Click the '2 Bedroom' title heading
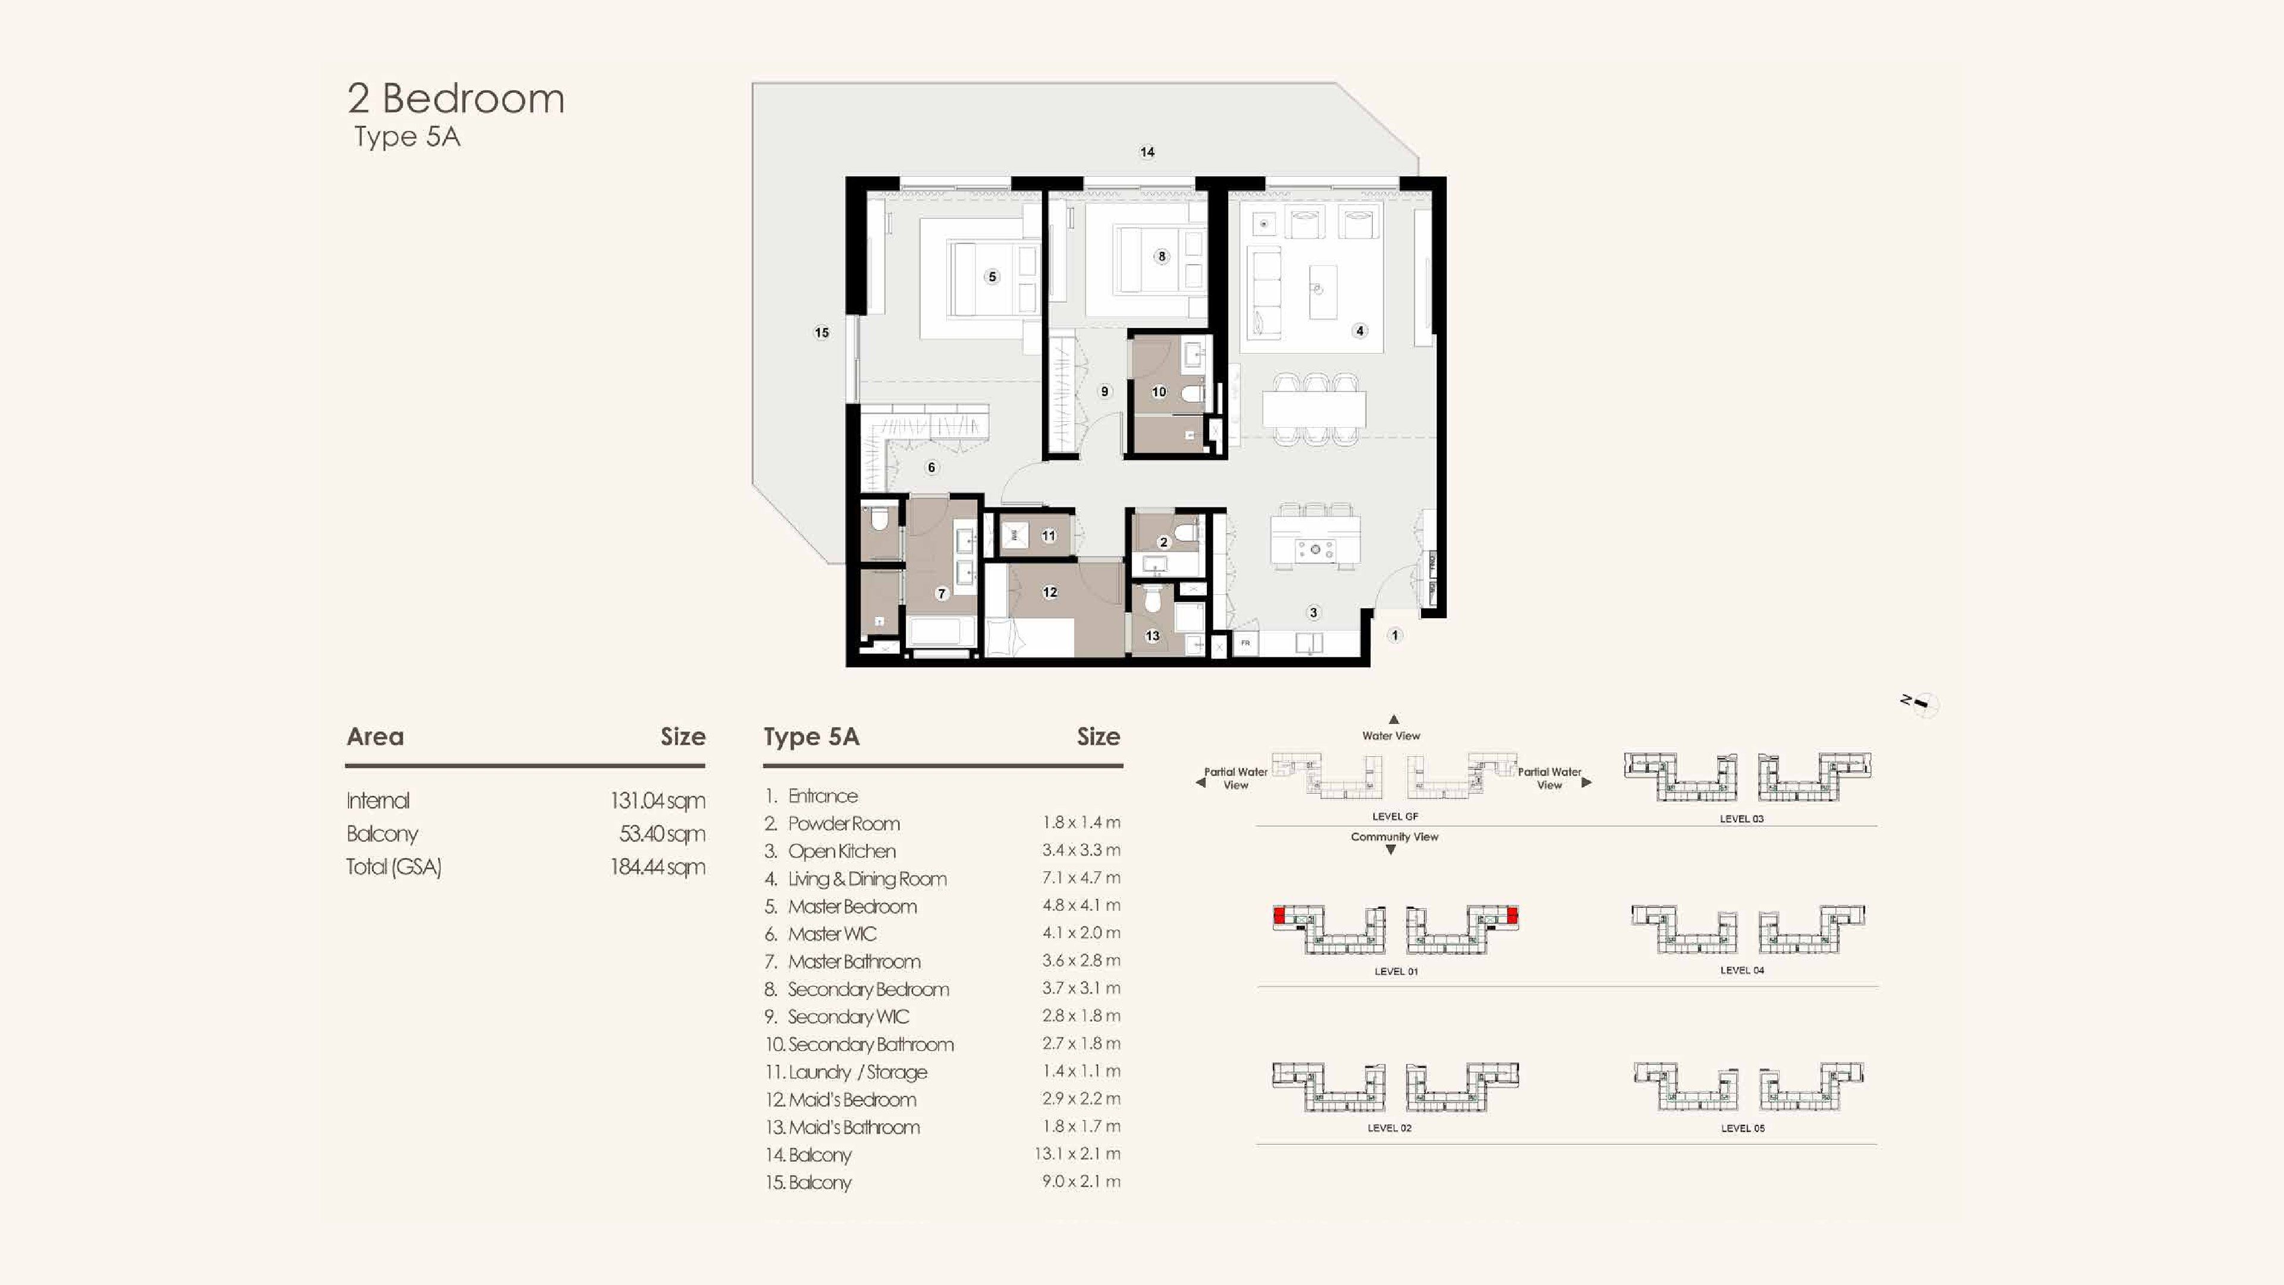tap(456, 98)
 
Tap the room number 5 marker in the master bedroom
tap(992, 277)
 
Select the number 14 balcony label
tap(1146, 152)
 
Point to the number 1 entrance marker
tap(1395, 635)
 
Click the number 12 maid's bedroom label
tap(1050, 593)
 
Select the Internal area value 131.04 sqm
tap(657, 801)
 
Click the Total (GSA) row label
tap(394, 867)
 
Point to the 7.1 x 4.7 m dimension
tap(1081, 878)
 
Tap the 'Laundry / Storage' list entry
tap(857, 1072)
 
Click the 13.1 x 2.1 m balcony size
tap(1077, 1154)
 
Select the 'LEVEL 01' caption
tap(1395, 971)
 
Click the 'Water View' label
tap(1391, 736)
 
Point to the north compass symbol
tap(1921, 704)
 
